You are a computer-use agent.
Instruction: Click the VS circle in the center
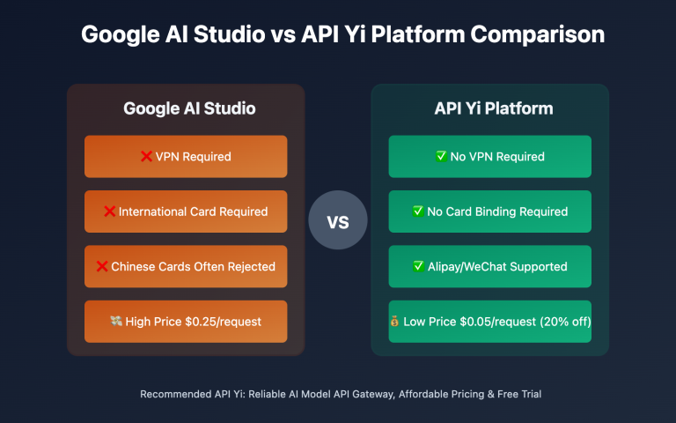coord(338,220)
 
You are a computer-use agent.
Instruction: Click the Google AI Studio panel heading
coord(189,109)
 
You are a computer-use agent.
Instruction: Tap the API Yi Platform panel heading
coord(489,109)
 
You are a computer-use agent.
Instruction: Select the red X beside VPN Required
coord(146,157)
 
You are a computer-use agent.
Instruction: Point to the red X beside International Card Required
coord(110,211)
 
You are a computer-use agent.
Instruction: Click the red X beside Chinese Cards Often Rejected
coord(102,266)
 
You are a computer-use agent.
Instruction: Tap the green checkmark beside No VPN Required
coord(442,157)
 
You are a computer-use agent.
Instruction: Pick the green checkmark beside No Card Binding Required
coord(419,211)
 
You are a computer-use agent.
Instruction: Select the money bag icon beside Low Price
coord(394,321)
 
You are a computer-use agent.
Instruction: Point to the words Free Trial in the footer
coord(518,394)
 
